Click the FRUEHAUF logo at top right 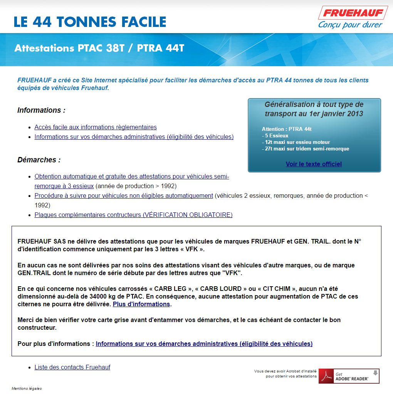point(353,13)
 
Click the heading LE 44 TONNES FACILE point(90,22)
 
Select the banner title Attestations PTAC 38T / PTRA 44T point(99,48)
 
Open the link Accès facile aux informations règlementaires point(96,127)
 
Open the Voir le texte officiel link point(314,164)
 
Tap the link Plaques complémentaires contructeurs point(133,215)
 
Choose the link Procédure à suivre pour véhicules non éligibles point(124,195)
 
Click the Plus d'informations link point(141,304)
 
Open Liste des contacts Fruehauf point(72,367)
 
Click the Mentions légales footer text point(27,388)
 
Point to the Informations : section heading point(41,110)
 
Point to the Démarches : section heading point(39,160)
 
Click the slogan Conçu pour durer point(350,25)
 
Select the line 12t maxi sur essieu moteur point(296,142)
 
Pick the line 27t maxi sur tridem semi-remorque point(305,149)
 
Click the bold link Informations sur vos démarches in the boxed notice point(204,344)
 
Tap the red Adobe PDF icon point(327,376)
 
